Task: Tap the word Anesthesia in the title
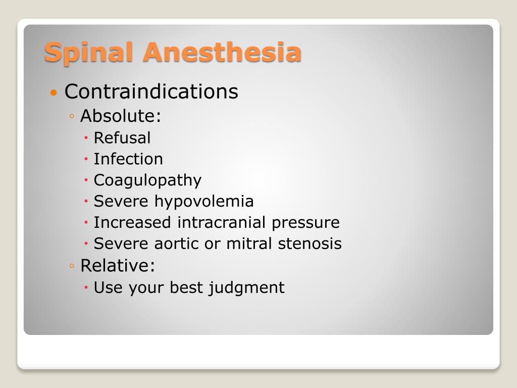click(222, 53)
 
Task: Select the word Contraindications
click(151, 91)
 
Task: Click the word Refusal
click(122, 137)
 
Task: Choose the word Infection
click(128, 159)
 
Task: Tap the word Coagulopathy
click(147, 180)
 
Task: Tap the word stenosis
click(310, 244)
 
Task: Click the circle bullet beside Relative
click(73, 265)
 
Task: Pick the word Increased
click(133, 222)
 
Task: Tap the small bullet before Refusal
click(87, 138)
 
